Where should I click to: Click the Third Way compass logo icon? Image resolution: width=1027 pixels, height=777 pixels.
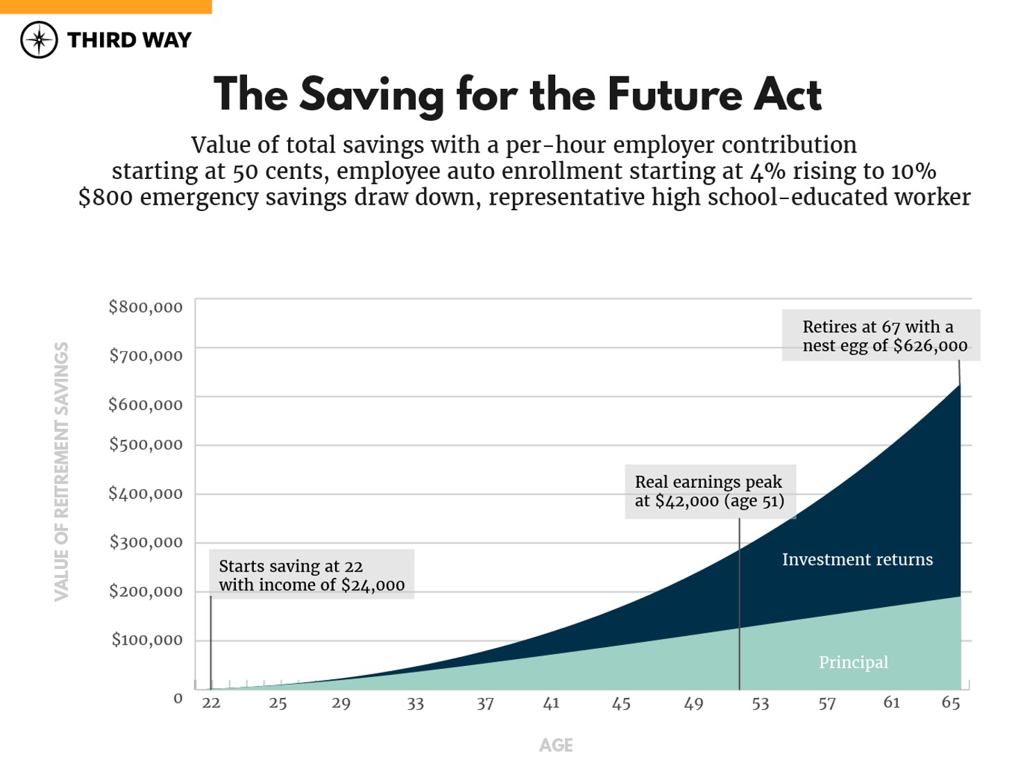pos(39,40)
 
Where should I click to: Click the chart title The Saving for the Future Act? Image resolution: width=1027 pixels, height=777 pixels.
pos(518,94)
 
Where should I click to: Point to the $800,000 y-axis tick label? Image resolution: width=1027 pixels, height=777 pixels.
pos(146,307)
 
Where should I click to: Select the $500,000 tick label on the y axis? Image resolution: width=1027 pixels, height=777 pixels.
pos(146,444)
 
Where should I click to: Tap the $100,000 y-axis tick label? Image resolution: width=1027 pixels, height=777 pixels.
pos(147,639)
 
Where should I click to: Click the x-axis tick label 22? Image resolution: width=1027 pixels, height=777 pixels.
pos(211,703)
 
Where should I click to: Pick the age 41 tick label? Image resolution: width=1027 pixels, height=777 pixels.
pos(551,703)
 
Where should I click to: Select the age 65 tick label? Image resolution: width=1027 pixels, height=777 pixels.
pos(951,703)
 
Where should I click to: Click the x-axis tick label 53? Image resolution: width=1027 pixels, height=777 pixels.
pos(761,703)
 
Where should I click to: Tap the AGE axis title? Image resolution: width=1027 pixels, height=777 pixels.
pos(556,745)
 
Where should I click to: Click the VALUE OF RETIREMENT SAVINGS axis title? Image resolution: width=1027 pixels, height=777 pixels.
pos(62,472)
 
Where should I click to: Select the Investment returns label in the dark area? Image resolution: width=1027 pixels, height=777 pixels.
pos(857,559)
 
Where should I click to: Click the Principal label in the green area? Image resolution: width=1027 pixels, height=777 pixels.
pos(853,662)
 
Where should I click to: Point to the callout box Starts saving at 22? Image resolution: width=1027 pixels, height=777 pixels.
pos(312,574)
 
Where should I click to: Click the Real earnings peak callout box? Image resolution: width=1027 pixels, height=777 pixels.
pos(710,491)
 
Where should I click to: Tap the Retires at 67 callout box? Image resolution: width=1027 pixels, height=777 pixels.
pos(881,336)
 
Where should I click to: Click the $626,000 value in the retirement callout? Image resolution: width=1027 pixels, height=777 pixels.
pos(930,345)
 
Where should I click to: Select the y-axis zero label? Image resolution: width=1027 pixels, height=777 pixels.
pos(178,698)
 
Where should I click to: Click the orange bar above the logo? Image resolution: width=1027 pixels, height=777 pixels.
pos(105,6)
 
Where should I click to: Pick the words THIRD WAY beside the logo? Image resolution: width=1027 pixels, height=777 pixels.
pos(129,40)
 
